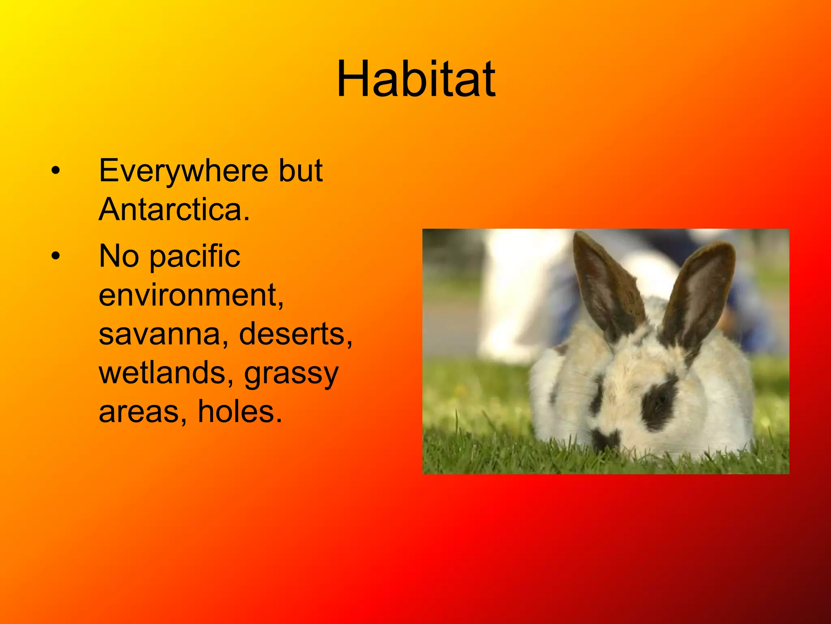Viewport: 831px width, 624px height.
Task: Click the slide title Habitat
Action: click(416, 79)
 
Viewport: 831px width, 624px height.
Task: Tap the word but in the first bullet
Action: click(300, 171)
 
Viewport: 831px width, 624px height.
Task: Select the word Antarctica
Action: click(174, 210)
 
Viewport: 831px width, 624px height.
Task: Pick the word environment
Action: click(191, 295)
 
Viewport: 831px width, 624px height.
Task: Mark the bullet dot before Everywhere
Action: click(56, 171)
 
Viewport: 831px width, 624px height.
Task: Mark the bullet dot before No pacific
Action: click(56, 256)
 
